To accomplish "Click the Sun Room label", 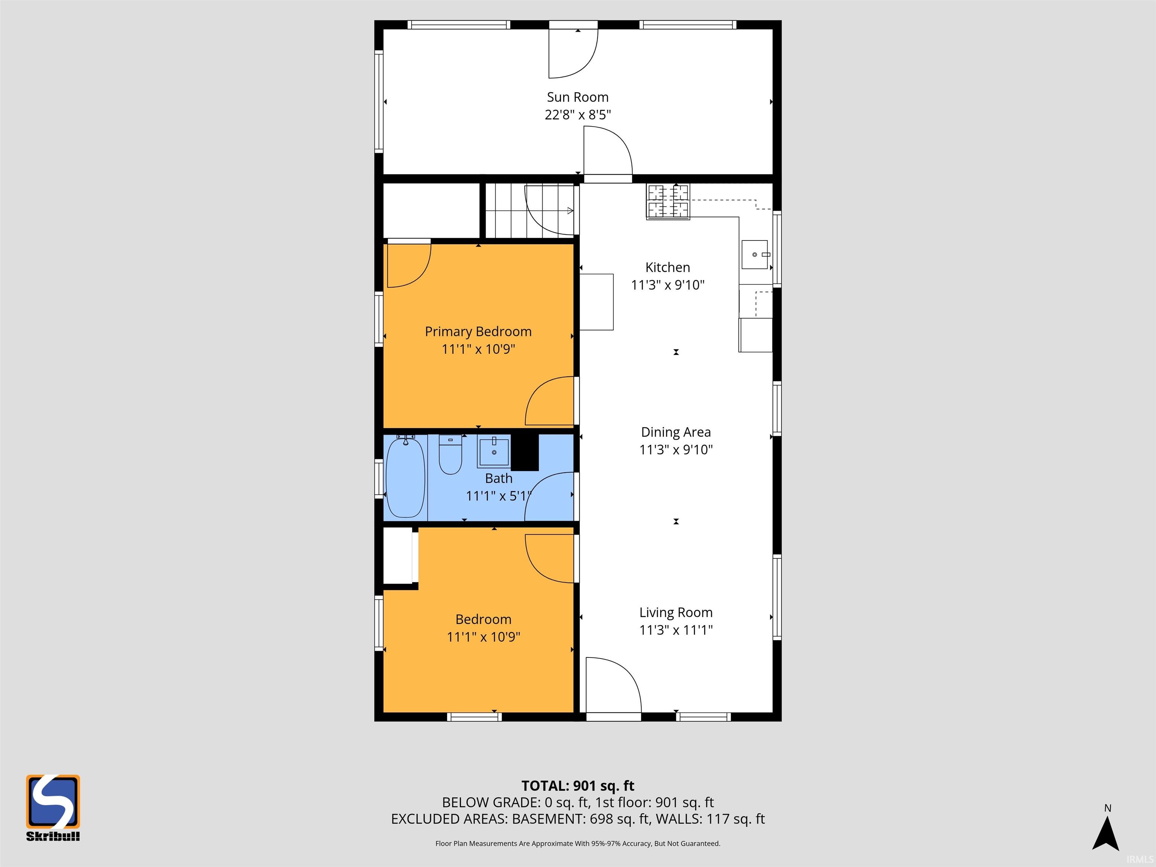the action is coord(578,97).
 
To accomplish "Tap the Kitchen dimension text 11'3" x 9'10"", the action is coord(668,285).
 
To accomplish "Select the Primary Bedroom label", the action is coord(478,332).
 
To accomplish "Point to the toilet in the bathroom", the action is coord(450,454).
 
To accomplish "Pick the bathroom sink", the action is coord(493,452).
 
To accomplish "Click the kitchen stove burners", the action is coord(668,201).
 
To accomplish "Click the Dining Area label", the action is coord(676,432).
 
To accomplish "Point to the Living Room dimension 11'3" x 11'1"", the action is coord(676,630).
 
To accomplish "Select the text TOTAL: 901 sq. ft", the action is coord(578,785).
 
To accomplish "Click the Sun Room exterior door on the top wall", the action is coord(573,52).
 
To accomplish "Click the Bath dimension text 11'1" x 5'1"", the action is coord(499,496).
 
